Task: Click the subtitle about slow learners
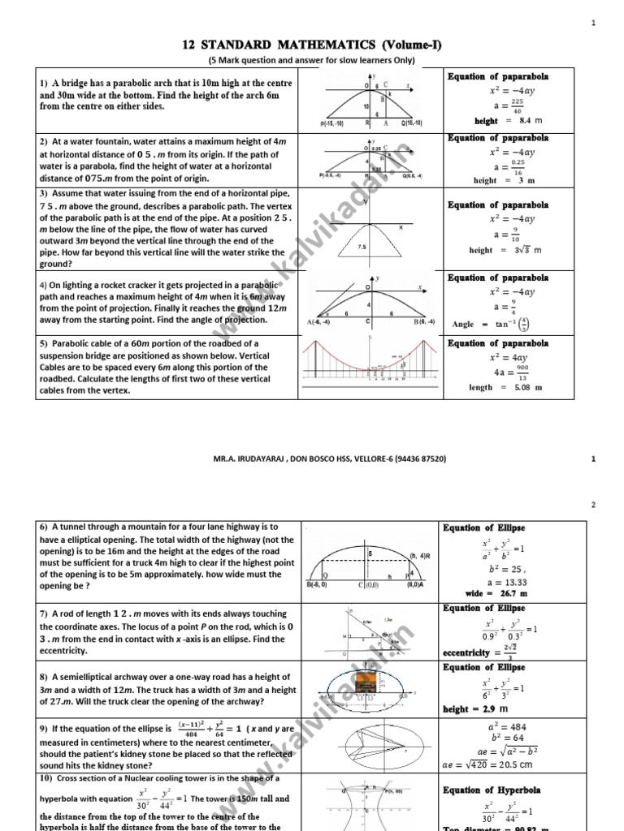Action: (311, 61)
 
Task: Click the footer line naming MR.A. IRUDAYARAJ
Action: (311, 459)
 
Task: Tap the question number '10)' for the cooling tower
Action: (48, 778)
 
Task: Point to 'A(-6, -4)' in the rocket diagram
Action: (322, 323)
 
